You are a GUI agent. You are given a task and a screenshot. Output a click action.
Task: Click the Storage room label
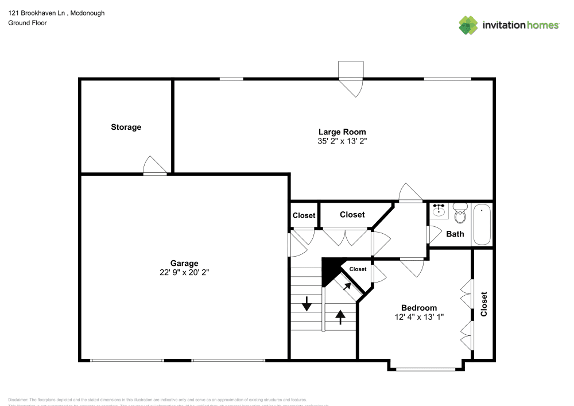(x=126, y=127)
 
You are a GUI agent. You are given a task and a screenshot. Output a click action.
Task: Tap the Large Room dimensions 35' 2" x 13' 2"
(x=342, y=141)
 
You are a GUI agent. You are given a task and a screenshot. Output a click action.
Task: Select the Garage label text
(x=184, y=264)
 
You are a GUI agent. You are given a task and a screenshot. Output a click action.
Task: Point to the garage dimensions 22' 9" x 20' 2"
(x=184, y=273)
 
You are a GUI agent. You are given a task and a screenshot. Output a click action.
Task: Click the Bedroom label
(x=418, y=307)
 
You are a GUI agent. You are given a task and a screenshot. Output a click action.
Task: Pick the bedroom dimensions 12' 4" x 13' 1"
(x=418, y=316)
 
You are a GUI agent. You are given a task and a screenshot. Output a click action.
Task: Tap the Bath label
(x=455, y=234)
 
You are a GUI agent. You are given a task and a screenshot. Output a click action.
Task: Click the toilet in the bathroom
(x=459, y=214)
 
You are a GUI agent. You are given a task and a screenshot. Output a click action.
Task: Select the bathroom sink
(x=440, y=211)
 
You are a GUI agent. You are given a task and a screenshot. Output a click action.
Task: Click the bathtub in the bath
(x=482, y=225)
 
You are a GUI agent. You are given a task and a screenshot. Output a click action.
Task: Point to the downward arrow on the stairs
(x=307, y=303)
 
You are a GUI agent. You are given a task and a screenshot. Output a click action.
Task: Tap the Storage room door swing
(x=154, y=165)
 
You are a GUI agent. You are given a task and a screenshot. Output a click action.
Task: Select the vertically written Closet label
(x=484, y=304)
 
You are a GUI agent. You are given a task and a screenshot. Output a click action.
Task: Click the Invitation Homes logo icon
(x=468, y=25)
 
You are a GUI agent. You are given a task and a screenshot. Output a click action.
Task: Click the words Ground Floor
(x=28, y=23)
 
